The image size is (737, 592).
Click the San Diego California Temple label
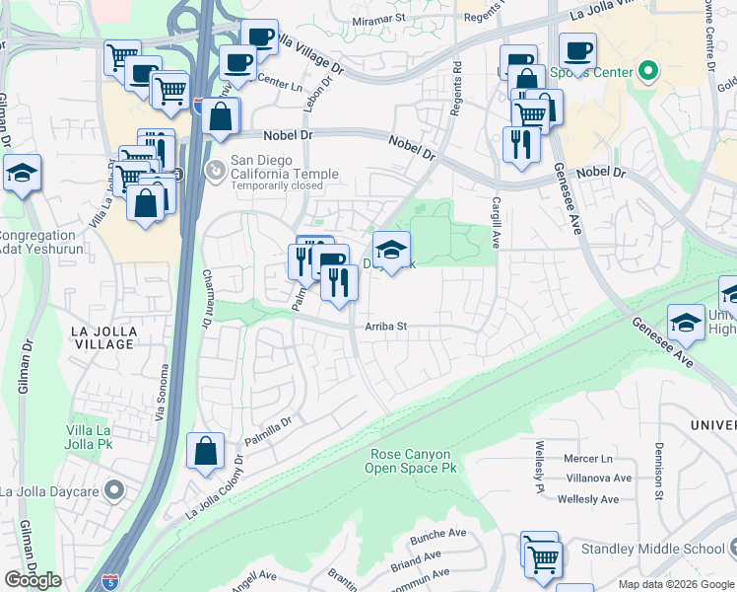click(284, 167)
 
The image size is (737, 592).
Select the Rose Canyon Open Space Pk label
click(414, 461)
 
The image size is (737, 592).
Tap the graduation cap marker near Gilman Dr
click(22, 175)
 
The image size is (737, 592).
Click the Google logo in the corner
click(33, 579)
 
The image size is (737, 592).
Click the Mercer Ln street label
click(588, 459)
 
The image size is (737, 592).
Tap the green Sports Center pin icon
click(647, 70)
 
